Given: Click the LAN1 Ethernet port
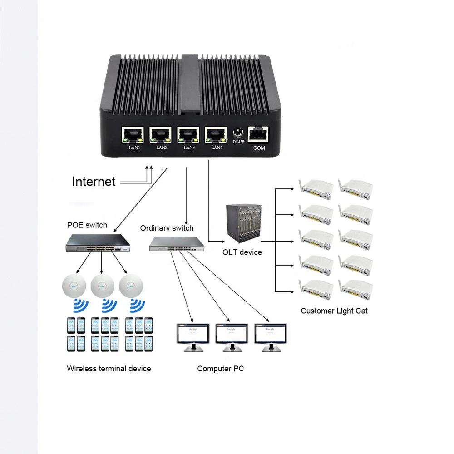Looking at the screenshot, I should (133, 135).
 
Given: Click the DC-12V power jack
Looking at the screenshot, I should (238, 133).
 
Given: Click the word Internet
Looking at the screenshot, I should (94, 182).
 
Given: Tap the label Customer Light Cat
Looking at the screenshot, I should (334, 311).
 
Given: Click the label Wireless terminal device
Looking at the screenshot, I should (109, 368).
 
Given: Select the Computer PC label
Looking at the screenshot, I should (220, 369).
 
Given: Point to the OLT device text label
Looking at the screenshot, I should (242, 252).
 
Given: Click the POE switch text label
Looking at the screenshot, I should (87, 225).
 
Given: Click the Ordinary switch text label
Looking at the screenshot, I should (167, 228).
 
